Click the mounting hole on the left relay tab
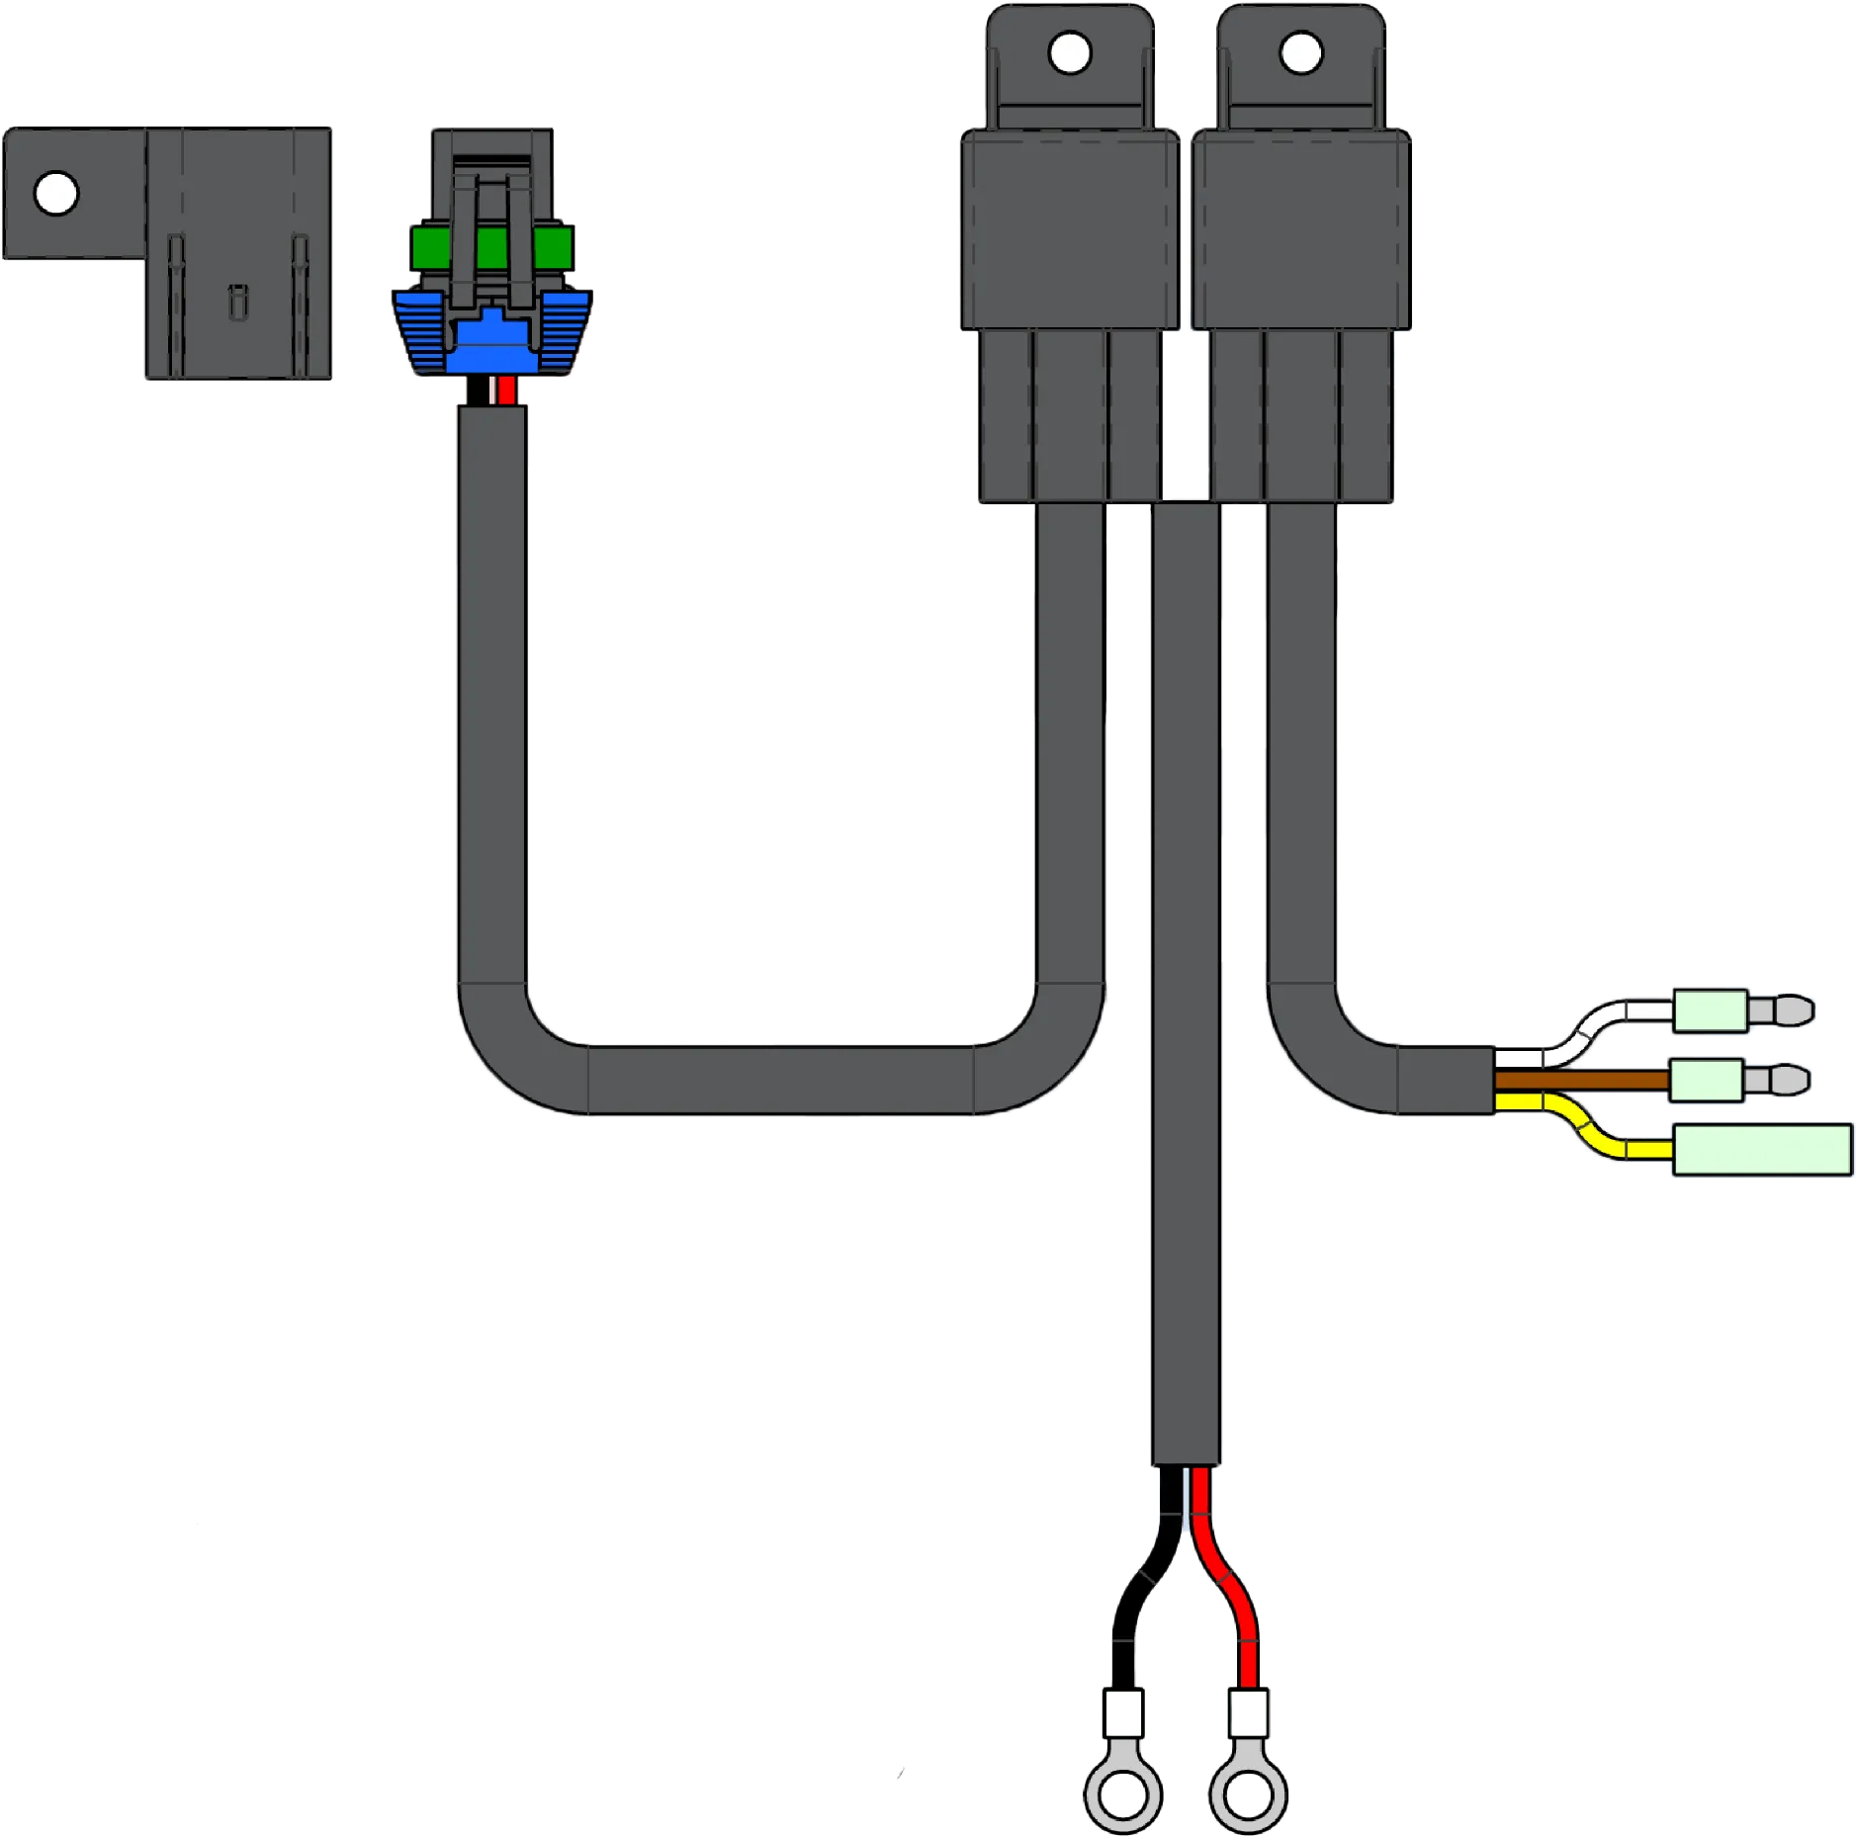(x=1069, y=53)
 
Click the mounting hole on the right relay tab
(x=1300, y=53)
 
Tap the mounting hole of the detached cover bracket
(x=56, y=194)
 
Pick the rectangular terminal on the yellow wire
(x=1761, y=1150)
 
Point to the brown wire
(x=1582, y=1080)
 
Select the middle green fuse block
(x=491, y=247)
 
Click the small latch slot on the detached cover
(x=236, y=301)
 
